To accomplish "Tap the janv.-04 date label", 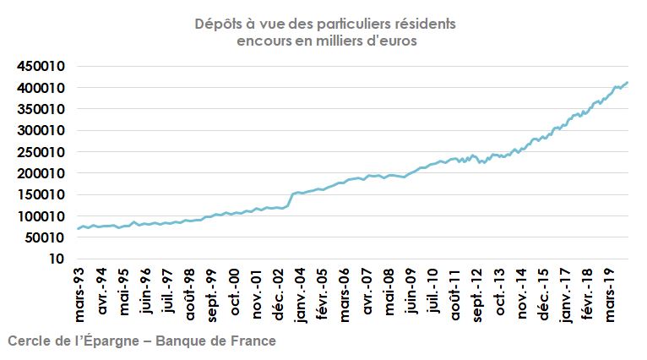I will click(x=300, y=295).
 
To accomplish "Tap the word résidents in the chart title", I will click(x=425, y=24).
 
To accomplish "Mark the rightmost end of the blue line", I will click(x=628, y=82).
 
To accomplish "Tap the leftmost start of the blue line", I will click(x=78, y=228).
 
